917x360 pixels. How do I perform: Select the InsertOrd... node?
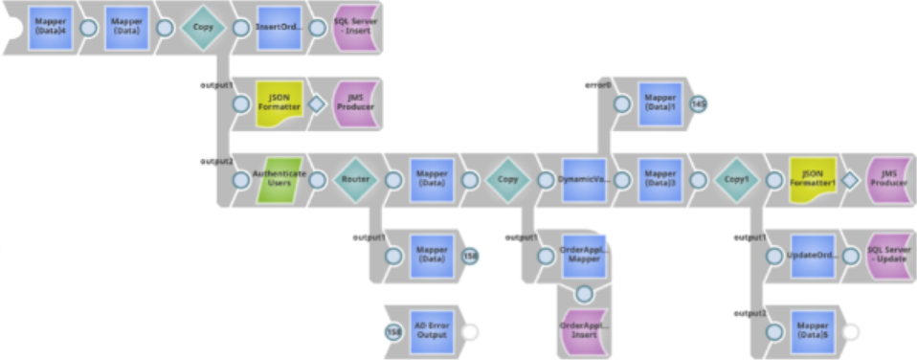280,26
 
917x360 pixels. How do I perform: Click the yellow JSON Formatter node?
280,104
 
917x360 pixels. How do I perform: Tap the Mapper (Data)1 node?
661,103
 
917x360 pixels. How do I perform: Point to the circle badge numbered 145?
699,103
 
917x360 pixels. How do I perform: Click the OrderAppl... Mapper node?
585,256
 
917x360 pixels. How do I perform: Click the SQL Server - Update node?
888,256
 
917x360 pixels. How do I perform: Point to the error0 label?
597,85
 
